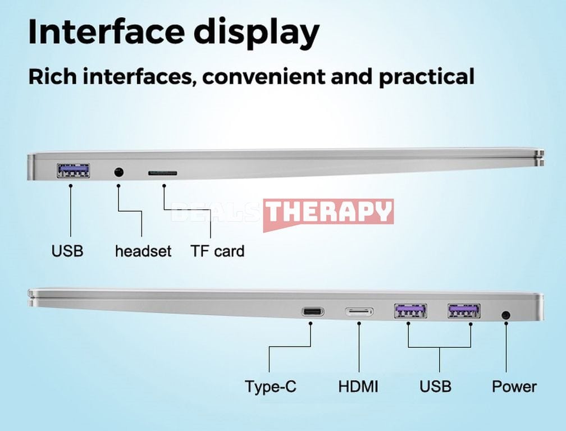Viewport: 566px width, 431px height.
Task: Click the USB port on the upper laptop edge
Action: pos(73,171)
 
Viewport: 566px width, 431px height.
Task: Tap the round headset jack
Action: pos(118,172)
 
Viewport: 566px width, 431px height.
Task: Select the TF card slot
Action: pos(162,173)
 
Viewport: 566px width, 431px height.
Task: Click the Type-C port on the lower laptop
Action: pos(313,311)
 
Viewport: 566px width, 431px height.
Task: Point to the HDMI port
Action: pos(359,311)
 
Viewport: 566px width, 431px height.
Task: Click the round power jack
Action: pos(506,315)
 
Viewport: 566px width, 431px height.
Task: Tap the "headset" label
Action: pos(143,251)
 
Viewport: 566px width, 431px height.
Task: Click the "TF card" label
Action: pos(217,251)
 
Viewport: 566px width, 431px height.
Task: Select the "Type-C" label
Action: pos(271,387)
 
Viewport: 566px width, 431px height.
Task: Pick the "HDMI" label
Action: pos(358,386)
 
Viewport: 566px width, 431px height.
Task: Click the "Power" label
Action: pos(514,386)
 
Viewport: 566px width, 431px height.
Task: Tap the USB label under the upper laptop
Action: pos(67,251)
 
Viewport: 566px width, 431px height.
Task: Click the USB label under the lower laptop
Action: pos(435,386)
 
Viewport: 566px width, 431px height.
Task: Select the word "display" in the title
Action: pos(257,33)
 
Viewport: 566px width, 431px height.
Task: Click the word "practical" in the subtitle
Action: pos(427,77)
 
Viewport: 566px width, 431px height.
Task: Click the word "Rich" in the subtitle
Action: pos(53,76)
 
